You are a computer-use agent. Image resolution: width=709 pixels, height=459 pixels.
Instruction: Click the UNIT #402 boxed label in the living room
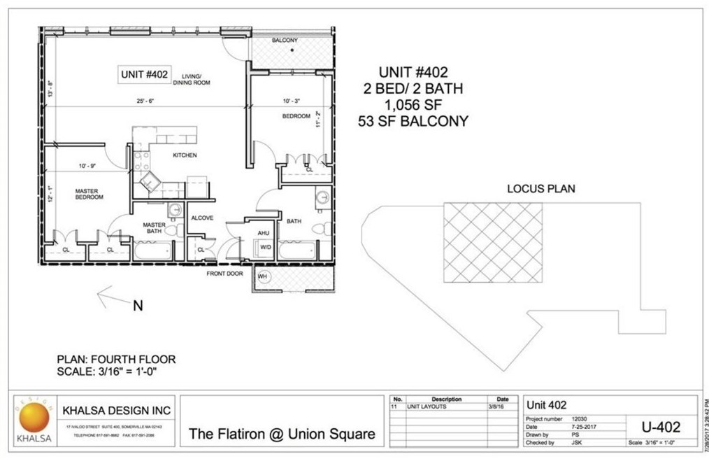(143, 73)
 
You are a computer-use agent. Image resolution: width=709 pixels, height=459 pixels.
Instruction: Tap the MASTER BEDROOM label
(89, 194)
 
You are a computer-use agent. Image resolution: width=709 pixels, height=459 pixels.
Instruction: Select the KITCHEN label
(185, 155)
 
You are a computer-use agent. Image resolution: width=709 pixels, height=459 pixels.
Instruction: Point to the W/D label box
(266, 247)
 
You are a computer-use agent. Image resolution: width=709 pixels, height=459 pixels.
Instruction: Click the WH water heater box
(262, 277)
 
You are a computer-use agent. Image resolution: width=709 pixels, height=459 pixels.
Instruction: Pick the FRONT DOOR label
(224, 274)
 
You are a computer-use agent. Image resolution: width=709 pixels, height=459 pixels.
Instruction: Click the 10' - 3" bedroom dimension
(294, 101)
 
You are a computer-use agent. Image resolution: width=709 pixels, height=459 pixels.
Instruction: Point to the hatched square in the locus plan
(493, 243)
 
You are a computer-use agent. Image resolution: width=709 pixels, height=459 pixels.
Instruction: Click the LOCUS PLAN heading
(540, 189)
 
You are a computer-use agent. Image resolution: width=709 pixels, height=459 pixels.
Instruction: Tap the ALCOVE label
(202, 218)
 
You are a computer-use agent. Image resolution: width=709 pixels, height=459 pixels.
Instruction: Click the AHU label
(264, 233)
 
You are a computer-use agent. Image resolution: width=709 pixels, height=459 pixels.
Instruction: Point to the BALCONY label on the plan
(285, 41)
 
